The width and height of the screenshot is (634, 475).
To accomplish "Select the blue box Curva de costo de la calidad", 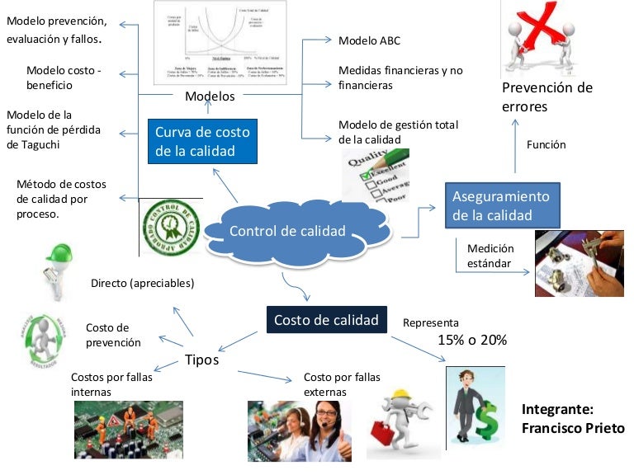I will [202, 141].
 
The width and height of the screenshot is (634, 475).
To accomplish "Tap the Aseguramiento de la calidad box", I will [501, 206].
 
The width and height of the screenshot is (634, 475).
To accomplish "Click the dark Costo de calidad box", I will [326, 320].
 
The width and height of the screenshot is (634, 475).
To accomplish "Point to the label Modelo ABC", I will [371, 40].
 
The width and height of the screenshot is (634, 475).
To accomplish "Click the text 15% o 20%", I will [471, 340].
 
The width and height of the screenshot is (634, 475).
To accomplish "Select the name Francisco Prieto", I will [572, 429].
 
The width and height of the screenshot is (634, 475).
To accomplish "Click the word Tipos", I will [201, 360].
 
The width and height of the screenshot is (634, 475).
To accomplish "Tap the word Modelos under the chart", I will [210, 96].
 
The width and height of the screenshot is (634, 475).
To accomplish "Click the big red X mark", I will [543, 29].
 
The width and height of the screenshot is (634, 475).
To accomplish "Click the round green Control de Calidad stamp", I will [170, 227].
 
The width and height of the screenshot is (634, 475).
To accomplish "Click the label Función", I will [546, 145].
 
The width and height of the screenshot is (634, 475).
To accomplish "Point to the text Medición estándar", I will [490, 256].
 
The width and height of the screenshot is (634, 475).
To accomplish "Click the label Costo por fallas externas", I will [342, 384].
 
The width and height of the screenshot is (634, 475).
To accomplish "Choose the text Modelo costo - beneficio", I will [63, 78].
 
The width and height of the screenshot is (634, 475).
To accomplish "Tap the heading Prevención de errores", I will [546, 97].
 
